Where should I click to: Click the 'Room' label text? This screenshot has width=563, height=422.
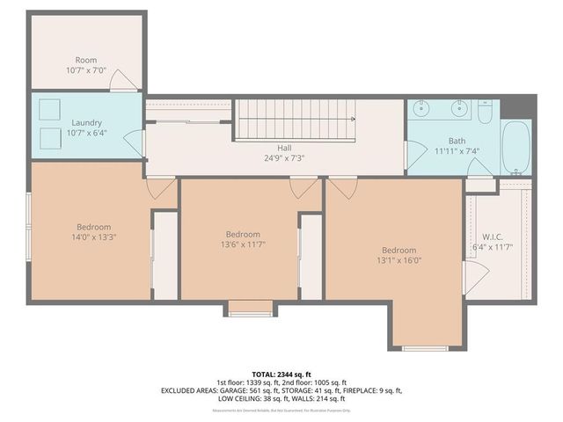(86, 60)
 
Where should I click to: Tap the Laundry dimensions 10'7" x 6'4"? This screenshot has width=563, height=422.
(86, 134)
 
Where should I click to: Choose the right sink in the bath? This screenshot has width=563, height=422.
(458, 110)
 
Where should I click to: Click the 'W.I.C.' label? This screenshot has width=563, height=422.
(492, 236)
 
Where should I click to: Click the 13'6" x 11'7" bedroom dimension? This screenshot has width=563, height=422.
(243, 244)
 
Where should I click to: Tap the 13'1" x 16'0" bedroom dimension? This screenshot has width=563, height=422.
(398, 260)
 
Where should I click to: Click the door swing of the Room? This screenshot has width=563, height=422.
(123, 82)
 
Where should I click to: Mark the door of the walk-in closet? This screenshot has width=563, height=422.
(472, 277)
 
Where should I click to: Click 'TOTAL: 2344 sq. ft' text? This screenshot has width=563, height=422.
(282, 374)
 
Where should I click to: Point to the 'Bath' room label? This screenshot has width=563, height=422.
(457, 141)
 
